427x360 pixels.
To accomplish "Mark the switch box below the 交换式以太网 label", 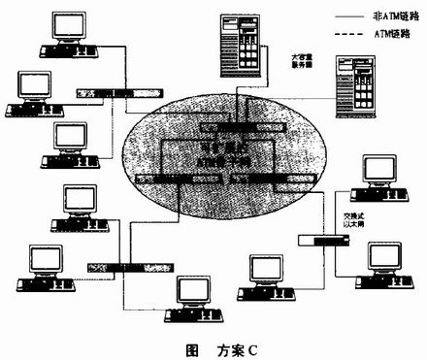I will click(x=318, y=241).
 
